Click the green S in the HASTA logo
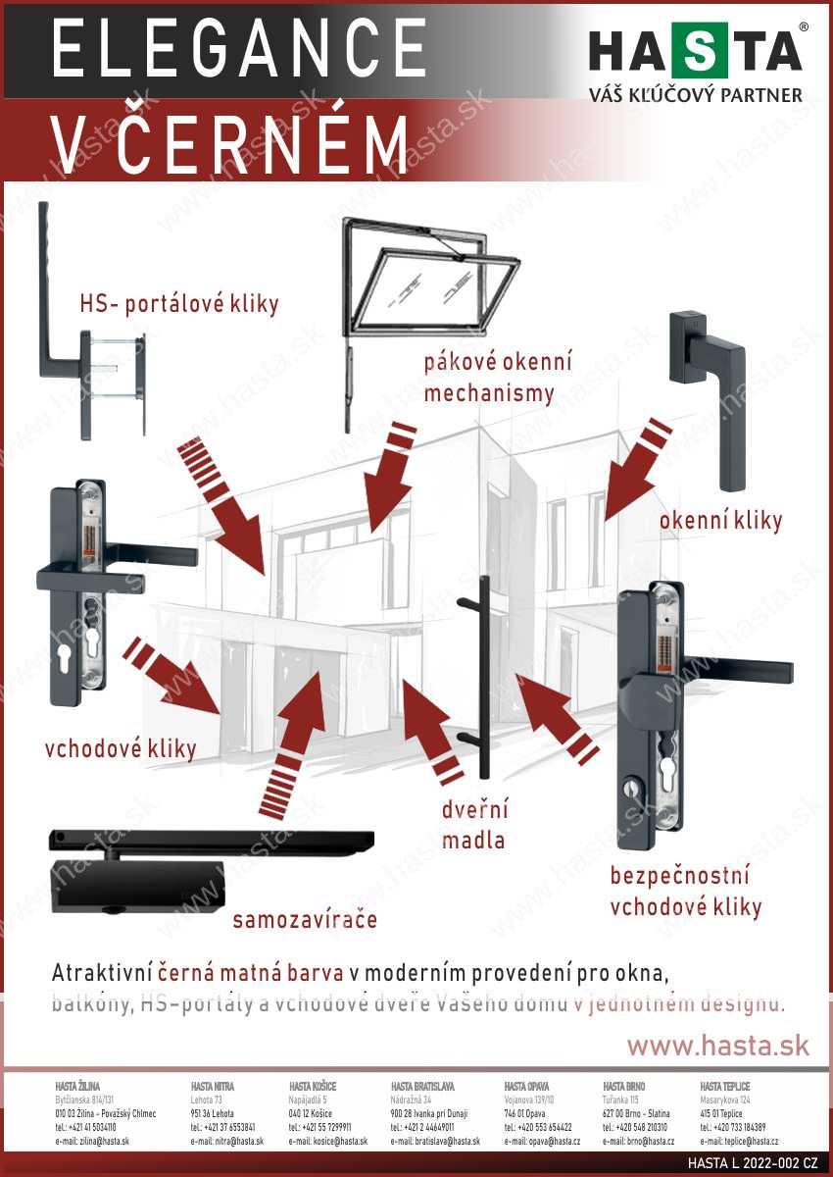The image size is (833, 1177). point(700,52)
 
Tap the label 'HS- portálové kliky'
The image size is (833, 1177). point(179,304)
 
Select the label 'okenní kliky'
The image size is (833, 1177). point(720,520)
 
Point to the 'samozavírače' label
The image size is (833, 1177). point(305,920)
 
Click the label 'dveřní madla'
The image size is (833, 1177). point(474,826)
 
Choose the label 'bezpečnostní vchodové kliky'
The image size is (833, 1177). point(685,891)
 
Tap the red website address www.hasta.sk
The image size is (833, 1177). point(718,1046)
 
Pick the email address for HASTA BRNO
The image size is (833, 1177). point(638,1142)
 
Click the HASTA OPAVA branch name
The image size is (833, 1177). point(527,1087)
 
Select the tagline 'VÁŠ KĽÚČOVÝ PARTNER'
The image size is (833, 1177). point(695,95)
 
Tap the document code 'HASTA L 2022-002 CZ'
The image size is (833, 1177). point(752,1163)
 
